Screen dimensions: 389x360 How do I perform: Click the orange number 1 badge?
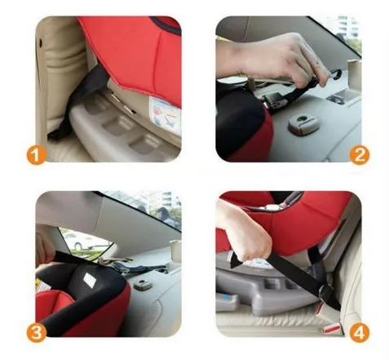(36, 156)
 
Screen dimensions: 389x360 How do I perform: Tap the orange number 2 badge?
(360, 155)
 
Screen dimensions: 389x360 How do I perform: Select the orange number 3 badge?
(37, 332)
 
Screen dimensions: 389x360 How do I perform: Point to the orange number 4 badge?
(360, 332)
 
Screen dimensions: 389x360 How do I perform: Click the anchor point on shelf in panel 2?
(303, 124)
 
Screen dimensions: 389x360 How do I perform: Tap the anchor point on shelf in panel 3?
(143, 284)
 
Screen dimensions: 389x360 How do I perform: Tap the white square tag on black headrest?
(90, 279)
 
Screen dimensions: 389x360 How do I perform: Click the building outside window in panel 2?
(347, 27)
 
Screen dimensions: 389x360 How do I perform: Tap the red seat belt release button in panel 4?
(332, 329)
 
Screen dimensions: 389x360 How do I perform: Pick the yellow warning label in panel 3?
(42, 286)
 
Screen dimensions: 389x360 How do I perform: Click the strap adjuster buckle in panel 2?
(275, 99)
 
